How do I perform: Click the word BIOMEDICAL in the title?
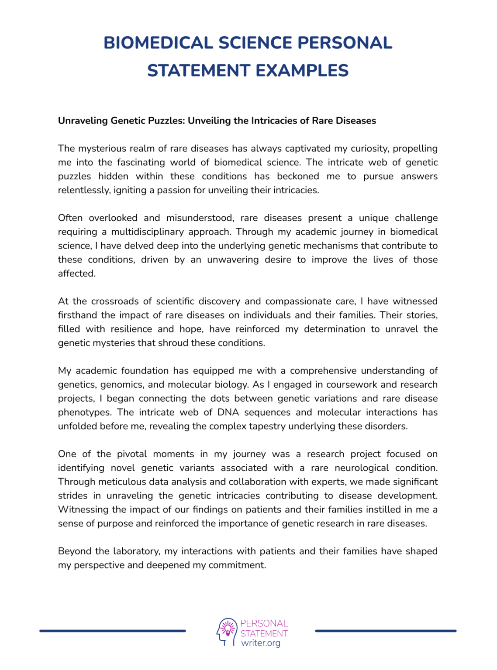point(158,43)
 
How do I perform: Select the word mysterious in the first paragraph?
point(100,148)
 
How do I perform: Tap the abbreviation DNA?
point(228,412)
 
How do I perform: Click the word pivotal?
point(132,454)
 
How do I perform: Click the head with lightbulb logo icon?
point(227,632)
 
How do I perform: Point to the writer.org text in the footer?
point(261,643)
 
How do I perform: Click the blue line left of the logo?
point(113,631)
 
